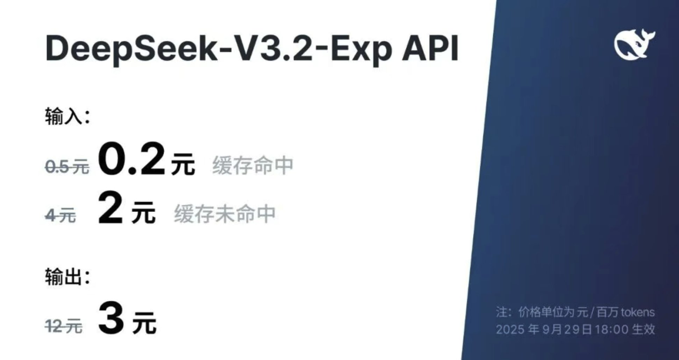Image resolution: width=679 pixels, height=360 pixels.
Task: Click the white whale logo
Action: click(634, 44)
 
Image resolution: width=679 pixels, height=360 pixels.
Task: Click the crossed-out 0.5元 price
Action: click(67, 167)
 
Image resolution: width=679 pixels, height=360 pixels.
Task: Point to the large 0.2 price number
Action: click(131, 159)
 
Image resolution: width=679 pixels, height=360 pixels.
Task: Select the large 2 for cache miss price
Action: click(110, 208)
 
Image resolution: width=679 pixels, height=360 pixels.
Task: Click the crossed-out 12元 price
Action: click(64, 326)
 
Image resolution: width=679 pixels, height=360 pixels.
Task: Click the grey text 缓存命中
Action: click(253, 165)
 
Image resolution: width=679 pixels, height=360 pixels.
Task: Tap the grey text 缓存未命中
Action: click(225, 214)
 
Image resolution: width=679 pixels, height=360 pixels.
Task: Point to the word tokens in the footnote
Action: click(637, 312)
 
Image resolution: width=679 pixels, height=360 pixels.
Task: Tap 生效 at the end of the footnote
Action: click(644, 329)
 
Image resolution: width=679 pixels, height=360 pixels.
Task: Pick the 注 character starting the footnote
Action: click(501, 312)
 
